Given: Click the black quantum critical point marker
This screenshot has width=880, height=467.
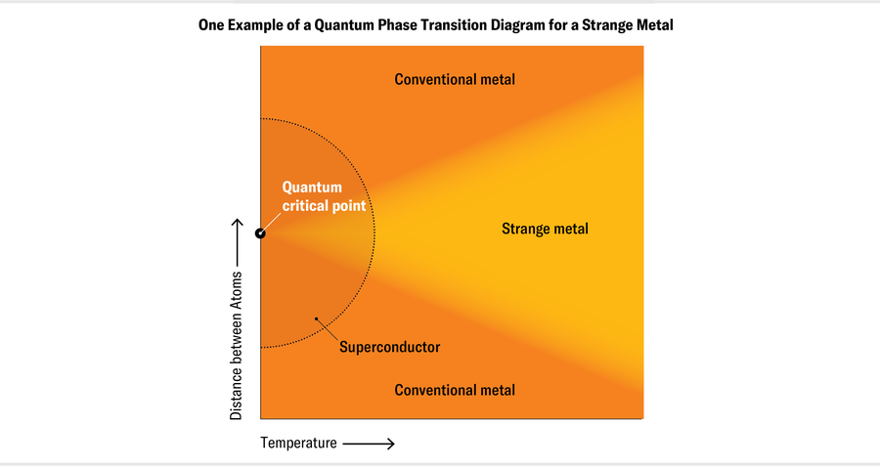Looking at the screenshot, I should point(260,233).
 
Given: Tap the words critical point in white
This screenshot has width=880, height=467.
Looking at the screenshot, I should point(324,205).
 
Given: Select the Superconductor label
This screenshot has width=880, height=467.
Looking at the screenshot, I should point(389,347).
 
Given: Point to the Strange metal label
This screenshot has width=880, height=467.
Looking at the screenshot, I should point(545,230).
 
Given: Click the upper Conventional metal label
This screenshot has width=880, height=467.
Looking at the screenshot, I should point(455,79).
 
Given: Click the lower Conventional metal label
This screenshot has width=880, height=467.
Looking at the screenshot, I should point(455,390).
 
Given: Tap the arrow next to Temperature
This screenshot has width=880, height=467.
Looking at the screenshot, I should point(369,444).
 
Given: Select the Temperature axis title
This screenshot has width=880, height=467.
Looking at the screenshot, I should point(298,444).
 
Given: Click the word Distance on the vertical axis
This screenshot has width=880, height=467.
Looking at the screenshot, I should point(236,393).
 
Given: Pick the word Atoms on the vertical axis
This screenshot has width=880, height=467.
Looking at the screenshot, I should point(236,291).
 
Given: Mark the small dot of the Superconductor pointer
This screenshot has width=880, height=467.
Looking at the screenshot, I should point(315,318).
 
